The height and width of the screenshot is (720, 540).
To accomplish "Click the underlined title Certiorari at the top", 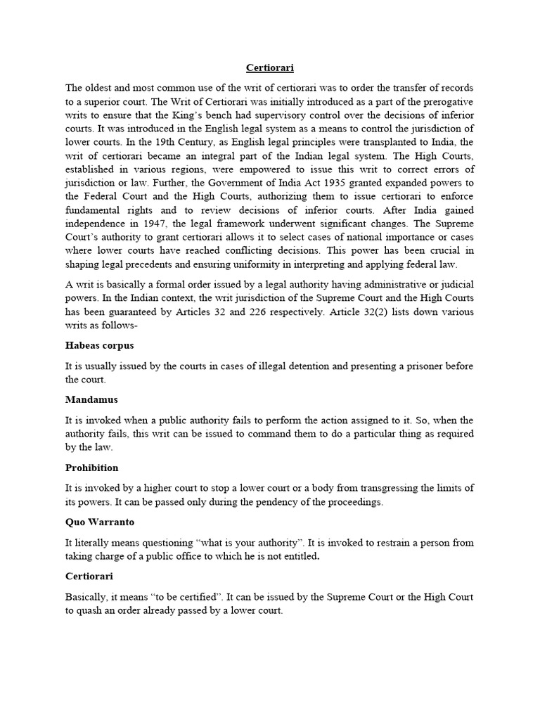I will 269,68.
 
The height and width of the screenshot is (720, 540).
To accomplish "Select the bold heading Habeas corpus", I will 99,346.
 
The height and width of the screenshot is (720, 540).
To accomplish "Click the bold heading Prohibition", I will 92,468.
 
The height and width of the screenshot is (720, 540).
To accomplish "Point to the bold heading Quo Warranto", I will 101,522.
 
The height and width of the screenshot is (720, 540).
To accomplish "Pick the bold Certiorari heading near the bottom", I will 90,577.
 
